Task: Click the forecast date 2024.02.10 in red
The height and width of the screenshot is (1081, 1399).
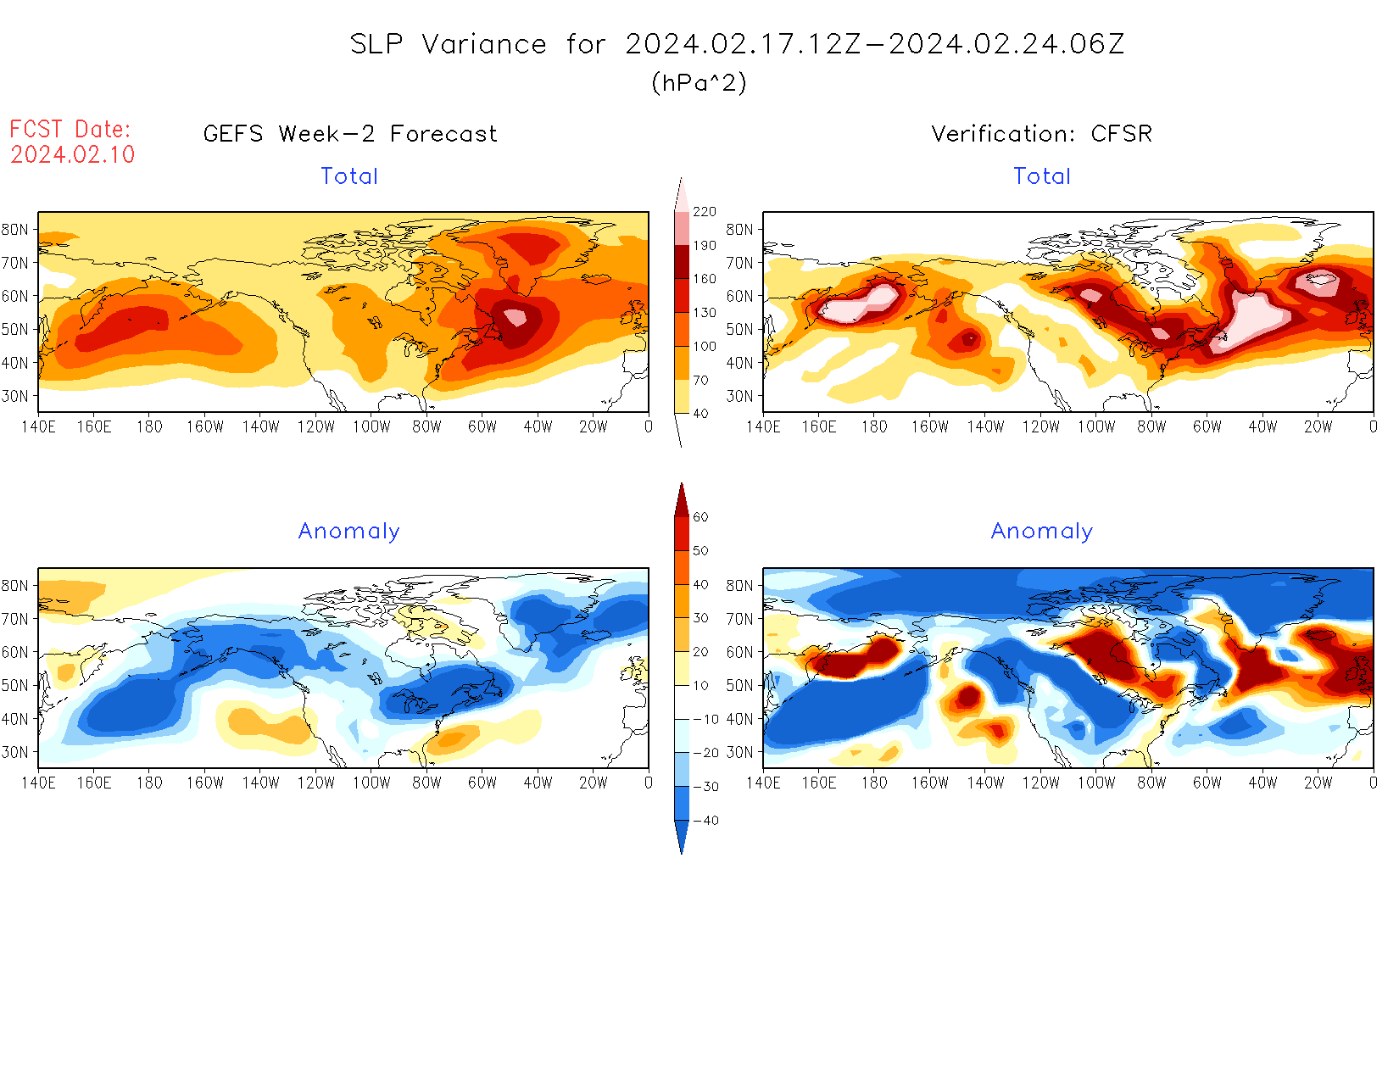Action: point(73,154)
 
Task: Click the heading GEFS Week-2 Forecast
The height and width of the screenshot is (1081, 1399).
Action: point(350,134)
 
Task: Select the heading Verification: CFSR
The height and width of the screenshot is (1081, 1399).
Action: point(1041,134)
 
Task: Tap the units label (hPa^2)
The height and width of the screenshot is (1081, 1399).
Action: point(699,83)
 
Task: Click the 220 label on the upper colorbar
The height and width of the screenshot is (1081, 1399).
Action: point(705,212)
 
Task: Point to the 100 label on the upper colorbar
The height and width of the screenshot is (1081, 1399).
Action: point(705,347)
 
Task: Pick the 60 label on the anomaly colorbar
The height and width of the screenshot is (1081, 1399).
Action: point(700,517)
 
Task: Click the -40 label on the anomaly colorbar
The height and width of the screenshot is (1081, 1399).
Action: point(705,821)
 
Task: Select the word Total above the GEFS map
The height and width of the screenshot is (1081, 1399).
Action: point(349,176)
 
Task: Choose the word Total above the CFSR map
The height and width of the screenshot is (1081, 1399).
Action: point(1042,176)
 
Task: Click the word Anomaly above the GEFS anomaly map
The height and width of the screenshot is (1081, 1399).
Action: point(348,532)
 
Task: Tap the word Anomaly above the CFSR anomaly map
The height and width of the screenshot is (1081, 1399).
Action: point(1042,532)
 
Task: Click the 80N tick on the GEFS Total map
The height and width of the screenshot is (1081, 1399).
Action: point(14,230)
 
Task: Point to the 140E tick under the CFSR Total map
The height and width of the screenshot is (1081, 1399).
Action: point(763,427)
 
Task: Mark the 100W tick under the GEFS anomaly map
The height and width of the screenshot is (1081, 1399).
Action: point(371,783)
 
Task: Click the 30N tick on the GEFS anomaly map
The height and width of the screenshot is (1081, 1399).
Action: point(14,753)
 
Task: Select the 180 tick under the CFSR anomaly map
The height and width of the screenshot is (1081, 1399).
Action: point(874,783)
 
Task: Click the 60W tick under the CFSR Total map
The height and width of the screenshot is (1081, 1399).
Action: point(1207,427)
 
